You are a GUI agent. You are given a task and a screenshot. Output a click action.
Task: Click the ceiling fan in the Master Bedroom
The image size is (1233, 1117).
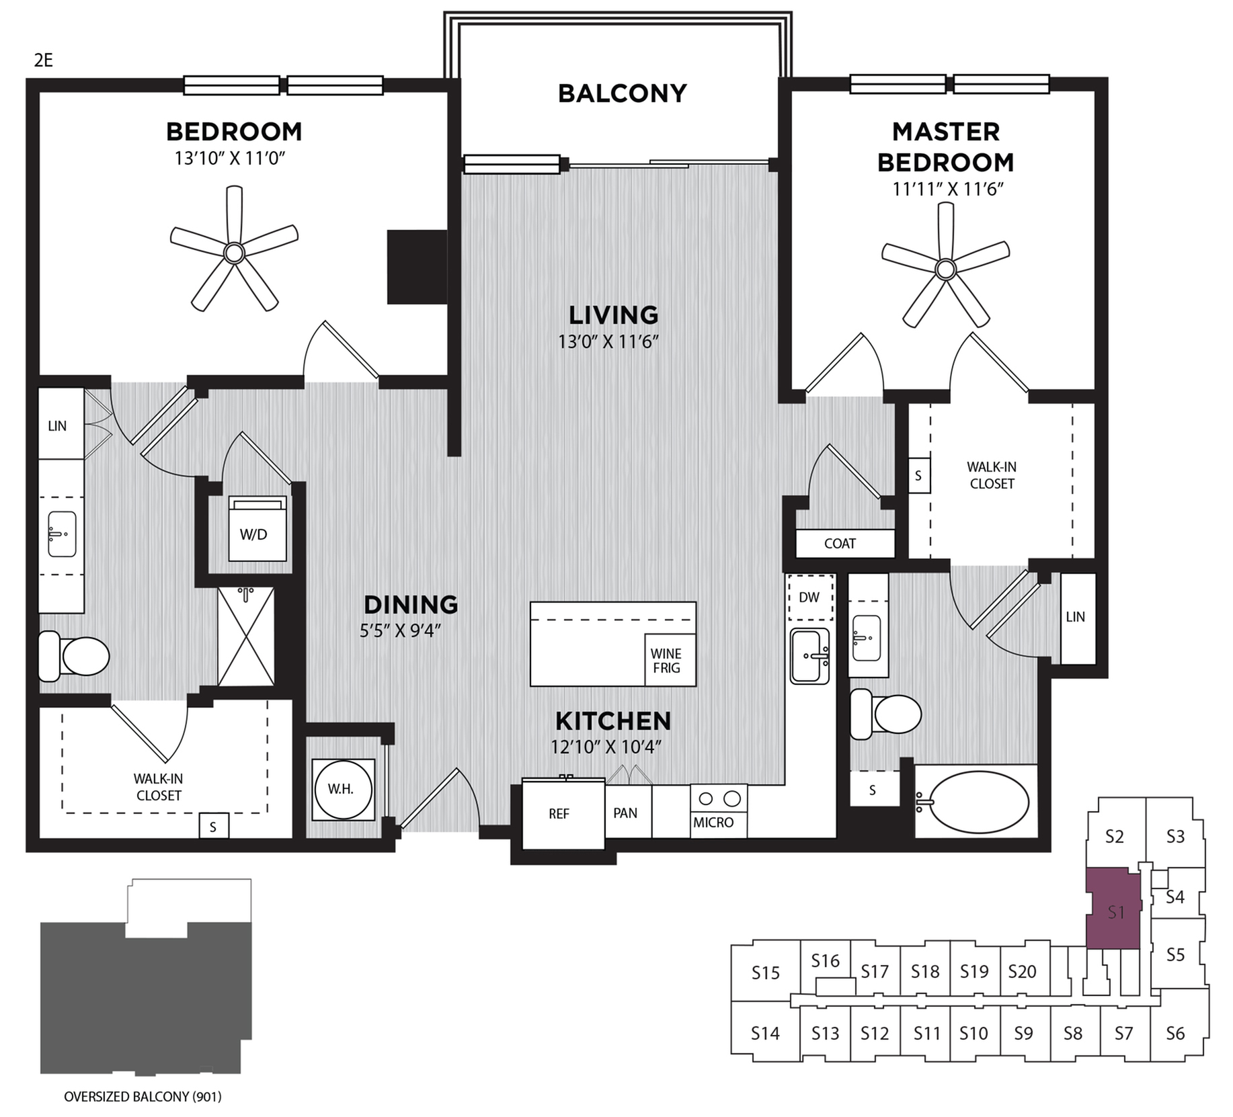click(x=945, y=270)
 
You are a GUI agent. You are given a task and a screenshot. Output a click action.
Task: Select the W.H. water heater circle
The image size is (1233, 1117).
click(x=343, y=789)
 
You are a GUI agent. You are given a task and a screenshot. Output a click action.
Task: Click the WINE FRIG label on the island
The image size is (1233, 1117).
click(x=666, y=661)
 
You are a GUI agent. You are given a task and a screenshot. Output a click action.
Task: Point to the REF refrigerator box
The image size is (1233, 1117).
click(x=559, y=814)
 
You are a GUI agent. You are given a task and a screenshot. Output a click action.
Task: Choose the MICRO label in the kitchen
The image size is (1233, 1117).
click(x=714, y=823)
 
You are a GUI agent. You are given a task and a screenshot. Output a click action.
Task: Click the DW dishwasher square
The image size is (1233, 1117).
click(x=809, y=597)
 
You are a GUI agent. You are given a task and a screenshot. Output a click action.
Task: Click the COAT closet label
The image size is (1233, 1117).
click(x=840, y=544)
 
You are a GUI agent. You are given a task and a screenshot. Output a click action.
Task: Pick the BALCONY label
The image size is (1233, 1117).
click(x=623, y=93)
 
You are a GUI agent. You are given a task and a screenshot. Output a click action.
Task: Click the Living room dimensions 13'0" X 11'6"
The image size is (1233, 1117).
click(x=608, y=342)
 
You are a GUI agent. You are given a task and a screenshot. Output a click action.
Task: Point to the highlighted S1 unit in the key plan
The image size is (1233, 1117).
click(x=1114, y=911)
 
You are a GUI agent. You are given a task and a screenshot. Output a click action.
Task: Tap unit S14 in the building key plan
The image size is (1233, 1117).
click(x=765, y=1033)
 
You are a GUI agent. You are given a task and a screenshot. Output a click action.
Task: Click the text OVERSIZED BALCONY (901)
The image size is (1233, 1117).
click(x=143, y=1097)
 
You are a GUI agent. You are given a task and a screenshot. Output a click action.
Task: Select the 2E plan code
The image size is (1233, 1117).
click(x=44, y=60)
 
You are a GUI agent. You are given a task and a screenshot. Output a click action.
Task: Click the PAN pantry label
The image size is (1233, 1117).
click(x=625, y=813)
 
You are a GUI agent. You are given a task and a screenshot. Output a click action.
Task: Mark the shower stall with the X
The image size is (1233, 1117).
click(x=246, y=636)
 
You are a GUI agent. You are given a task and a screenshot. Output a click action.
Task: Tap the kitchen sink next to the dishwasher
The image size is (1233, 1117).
click(x=809, y=656)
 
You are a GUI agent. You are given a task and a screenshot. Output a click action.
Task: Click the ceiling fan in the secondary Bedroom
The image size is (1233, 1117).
click(x=234, y=253)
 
